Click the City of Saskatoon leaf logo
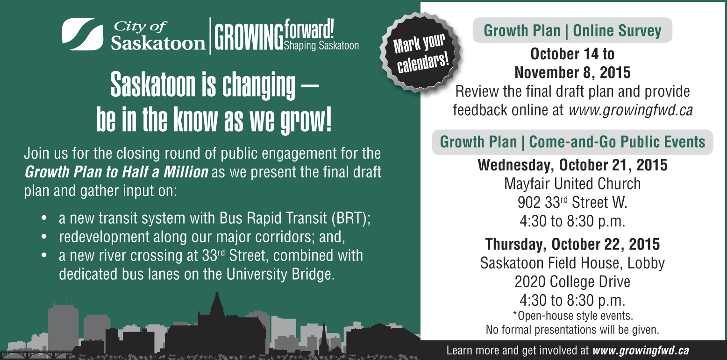coord(83,35)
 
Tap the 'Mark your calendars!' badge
coord(421,53)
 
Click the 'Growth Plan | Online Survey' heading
coord(572,30)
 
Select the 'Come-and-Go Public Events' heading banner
coord(572,142)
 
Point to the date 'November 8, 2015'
coord(572,72)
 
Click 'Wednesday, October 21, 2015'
coord(572,165)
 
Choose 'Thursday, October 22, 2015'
coord(572,244)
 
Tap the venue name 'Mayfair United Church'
coord(572,184)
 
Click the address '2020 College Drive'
coord(572,282)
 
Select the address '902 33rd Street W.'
coord(572,202)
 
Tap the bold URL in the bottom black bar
coord(641,351)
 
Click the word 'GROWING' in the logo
coord(249,37)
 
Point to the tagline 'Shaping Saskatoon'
coord(321,46)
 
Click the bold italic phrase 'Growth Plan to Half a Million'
coord(116,172)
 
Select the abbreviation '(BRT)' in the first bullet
coord(351,218)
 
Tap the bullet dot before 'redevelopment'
coord(44,237)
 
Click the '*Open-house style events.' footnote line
coord(572,316)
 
